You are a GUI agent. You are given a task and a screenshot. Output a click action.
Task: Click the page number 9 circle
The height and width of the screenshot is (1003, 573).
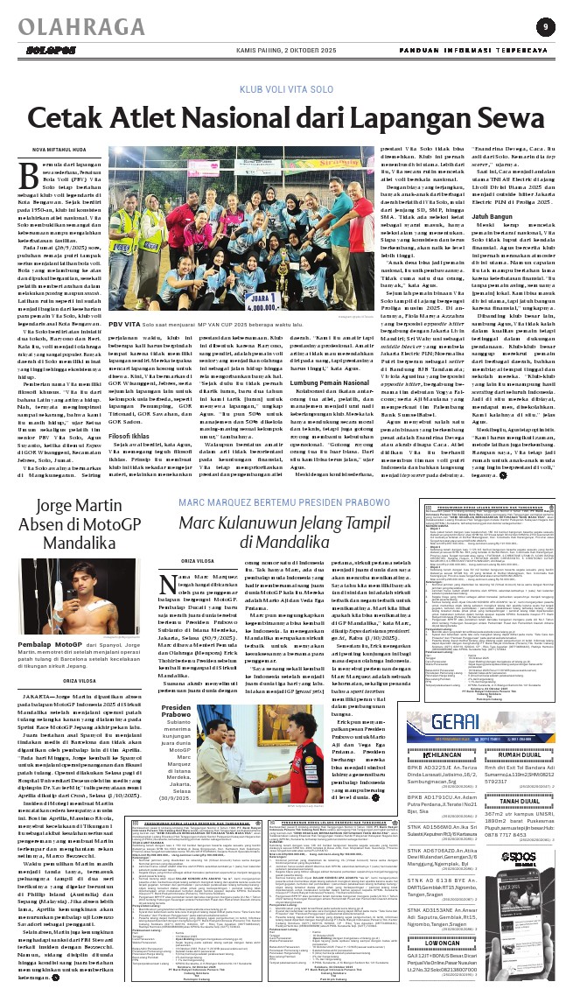click(x=545, y=26)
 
